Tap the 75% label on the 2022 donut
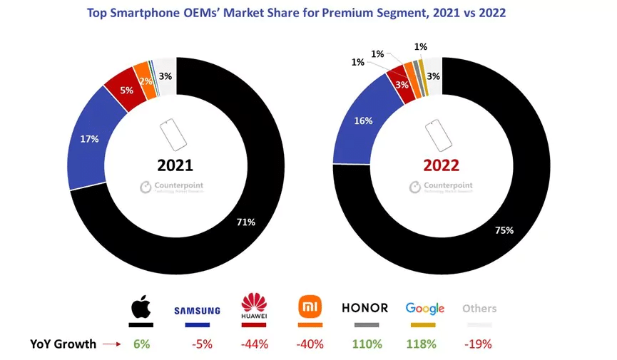(x=503, y=230)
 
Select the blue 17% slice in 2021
(x=89, y=139)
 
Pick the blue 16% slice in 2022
(x=363, y=120)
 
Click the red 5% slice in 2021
(x=126, y=91)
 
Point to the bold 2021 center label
(x=175, y=165)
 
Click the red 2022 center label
(x=441, y=165)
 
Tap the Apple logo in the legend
(x=141, y=308)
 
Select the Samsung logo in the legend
(x=198, y=311)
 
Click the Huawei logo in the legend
(x=254, y=307)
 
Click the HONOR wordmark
(x=364, y=308)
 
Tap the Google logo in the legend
(x=424, y=309)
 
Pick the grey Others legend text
(x=479, y=309)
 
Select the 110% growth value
(x=364, y=344)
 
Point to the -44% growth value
(x=254, y=344)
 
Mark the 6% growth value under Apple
(x=141, y=344)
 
